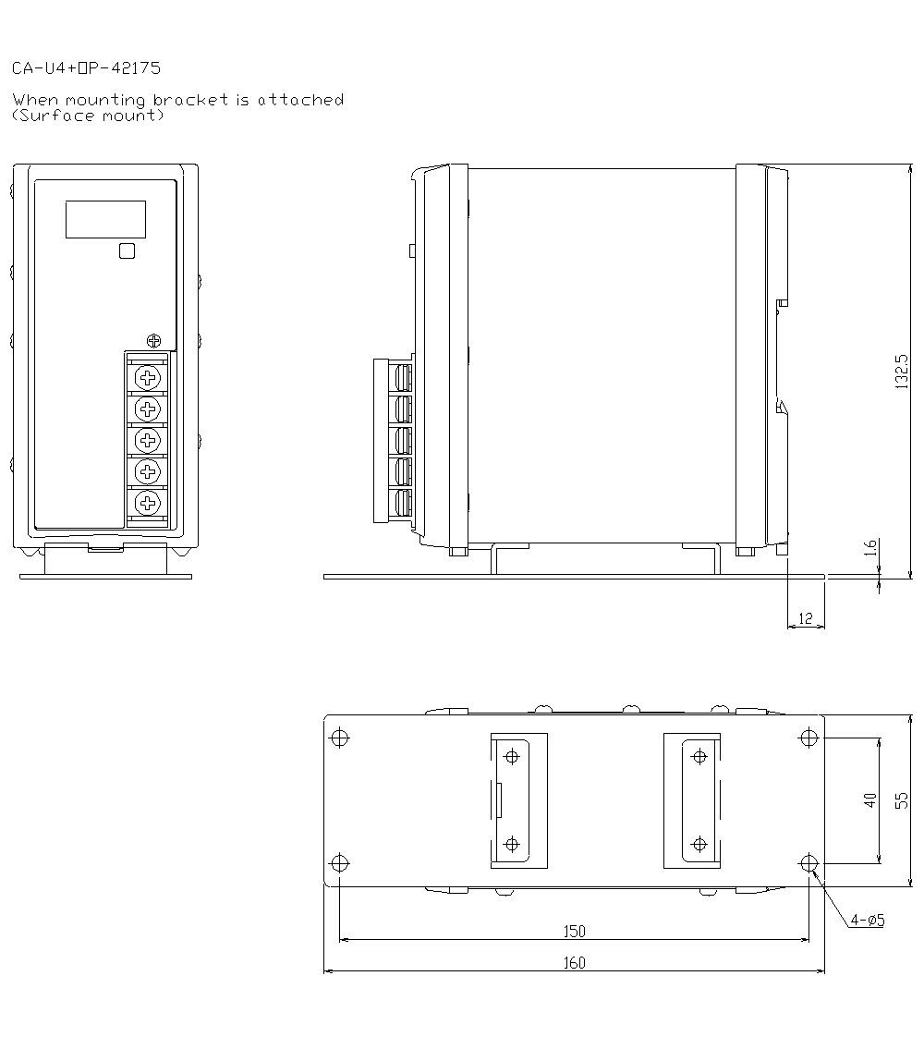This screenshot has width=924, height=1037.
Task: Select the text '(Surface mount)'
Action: click(x=89, y=116)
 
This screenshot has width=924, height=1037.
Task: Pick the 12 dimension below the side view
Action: click(x=806, y=618)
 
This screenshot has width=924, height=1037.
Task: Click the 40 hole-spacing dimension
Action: click(x=869, y=799)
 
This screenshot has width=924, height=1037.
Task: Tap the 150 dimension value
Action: click(x=574, y=932)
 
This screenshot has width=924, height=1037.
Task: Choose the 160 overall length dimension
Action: click(x=574, y=963)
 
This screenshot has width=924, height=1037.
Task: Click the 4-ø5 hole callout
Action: click(x=868, y=921)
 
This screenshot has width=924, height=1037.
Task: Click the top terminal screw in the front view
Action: click(x=147, y=376)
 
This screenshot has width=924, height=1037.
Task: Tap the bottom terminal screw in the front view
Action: click(x=147, y=504)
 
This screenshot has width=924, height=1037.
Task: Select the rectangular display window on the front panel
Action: click(x=105, y=218)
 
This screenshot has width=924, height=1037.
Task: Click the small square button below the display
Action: click(x=128, y=250)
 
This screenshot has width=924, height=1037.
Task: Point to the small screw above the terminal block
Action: click(x=154, y=339)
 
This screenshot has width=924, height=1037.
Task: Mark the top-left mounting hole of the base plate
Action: click(x=340, y=738)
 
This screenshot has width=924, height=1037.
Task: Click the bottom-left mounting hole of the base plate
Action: click(x=340, y=863)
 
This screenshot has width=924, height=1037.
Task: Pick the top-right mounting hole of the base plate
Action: click(x=809, y=738)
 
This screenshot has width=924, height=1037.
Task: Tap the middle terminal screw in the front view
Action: click(x=147, y=439)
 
